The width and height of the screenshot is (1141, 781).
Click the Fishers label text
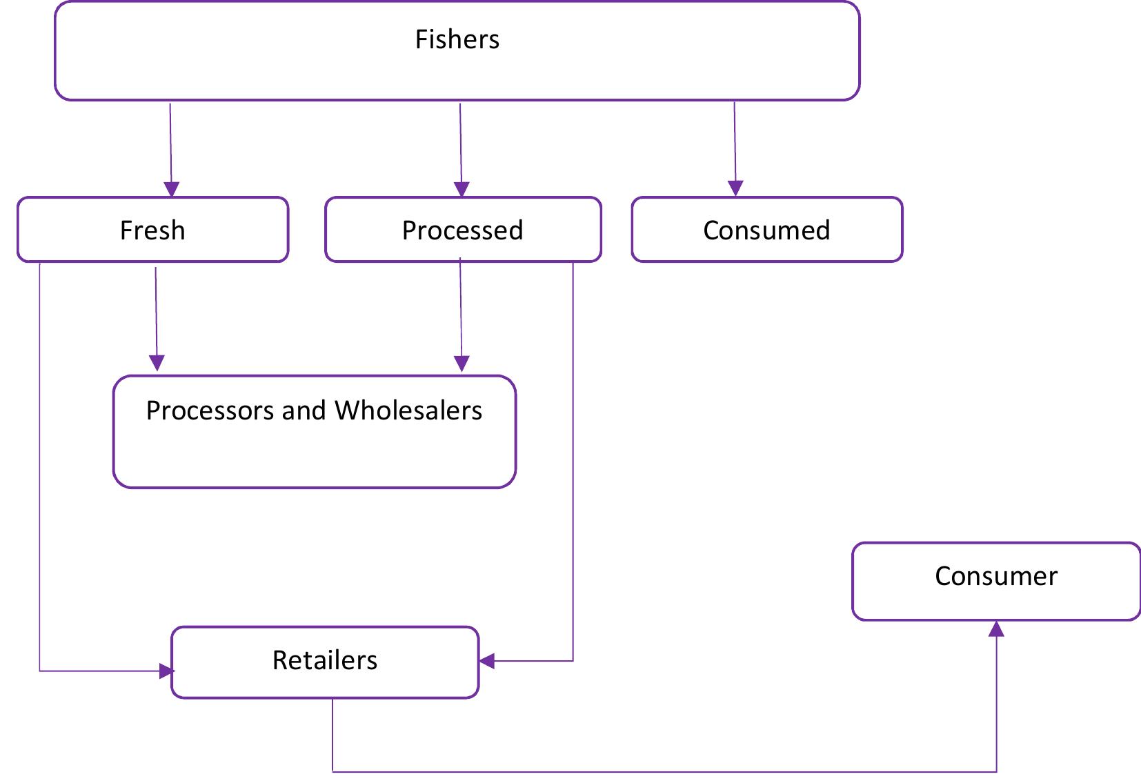(x=457, y=39)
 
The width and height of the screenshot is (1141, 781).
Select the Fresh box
(x=152, y=230)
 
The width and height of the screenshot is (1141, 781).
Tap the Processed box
(x=462, y=230)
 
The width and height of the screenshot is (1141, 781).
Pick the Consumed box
(x=766, y=230)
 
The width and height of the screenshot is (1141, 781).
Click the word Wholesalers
(x=408, y=411)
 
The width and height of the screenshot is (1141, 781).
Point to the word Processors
(x=210, y=411)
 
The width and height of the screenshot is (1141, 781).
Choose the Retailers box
(x=324, y=661)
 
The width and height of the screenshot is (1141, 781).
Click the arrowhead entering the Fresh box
(x=172, y=189)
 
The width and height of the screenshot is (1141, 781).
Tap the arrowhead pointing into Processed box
(x=462, y=189)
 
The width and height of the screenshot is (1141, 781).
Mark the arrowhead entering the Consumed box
(x=735, y=188)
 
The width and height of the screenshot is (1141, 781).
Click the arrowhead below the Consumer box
(x=996, y=629)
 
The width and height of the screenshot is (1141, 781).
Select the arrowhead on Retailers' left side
(x=166, y=671)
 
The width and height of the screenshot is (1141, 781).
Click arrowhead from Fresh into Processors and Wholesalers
(x=157, y=363)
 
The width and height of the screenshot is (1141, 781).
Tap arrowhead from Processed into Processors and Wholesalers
(x=462, y=363)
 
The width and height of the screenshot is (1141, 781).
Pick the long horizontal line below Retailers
(x=662, y=771)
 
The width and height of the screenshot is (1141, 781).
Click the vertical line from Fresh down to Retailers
(x=40, y=469)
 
